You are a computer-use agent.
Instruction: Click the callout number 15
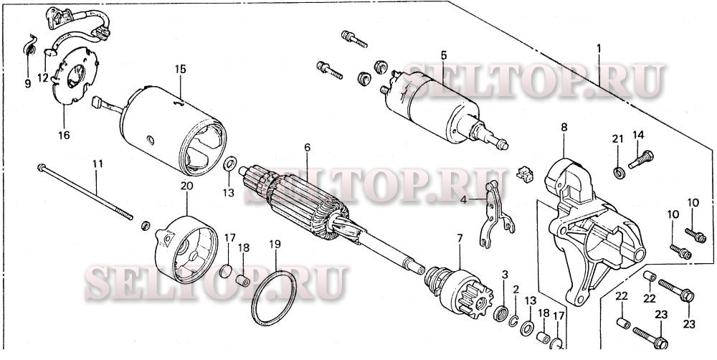click(181, 69)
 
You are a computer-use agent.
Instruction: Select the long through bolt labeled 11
click(85, 193)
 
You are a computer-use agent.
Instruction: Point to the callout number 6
click(307, 147)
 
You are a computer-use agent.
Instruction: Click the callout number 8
click(564, 127)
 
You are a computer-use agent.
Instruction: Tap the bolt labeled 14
click(641, 159)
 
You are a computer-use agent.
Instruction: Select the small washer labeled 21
click(619, 173)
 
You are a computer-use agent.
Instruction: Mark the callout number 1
click(599, 48)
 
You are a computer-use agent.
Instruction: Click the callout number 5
click(443, 55)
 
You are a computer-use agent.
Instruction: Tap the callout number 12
click(43, 77)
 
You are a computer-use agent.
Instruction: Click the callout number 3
click(504, 275)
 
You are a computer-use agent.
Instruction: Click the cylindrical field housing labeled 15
click(174, 130)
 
